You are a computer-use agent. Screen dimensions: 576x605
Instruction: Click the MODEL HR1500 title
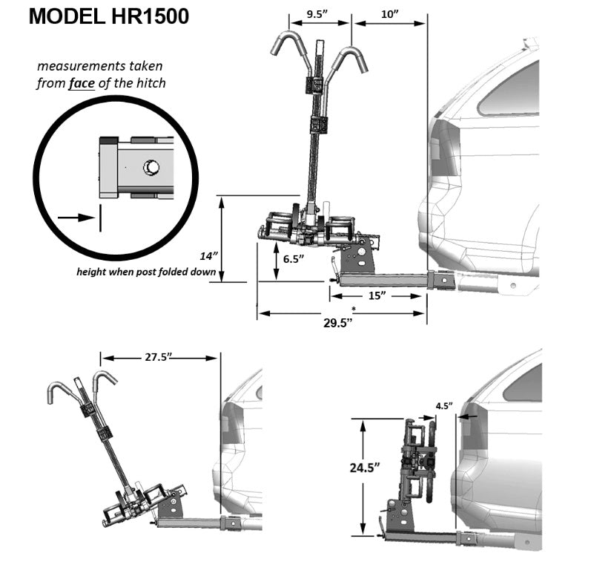[x=109, y=16]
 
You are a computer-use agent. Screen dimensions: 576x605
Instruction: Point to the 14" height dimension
[x=208, y=255]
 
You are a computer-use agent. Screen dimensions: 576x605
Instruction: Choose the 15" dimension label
[x=377, y=295]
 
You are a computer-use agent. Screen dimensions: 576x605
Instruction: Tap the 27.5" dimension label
[x=159, y=357]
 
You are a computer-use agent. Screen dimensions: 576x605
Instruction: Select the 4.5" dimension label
[x=444, y=406]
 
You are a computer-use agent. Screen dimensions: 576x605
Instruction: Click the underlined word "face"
[x=82, y=83]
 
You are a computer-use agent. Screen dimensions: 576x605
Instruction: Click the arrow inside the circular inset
[x=76, y=217]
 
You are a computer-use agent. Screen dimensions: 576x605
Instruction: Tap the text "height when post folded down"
[x=146, y=272]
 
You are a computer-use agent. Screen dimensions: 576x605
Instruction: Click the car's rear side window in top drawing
[x=512, y=89]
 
